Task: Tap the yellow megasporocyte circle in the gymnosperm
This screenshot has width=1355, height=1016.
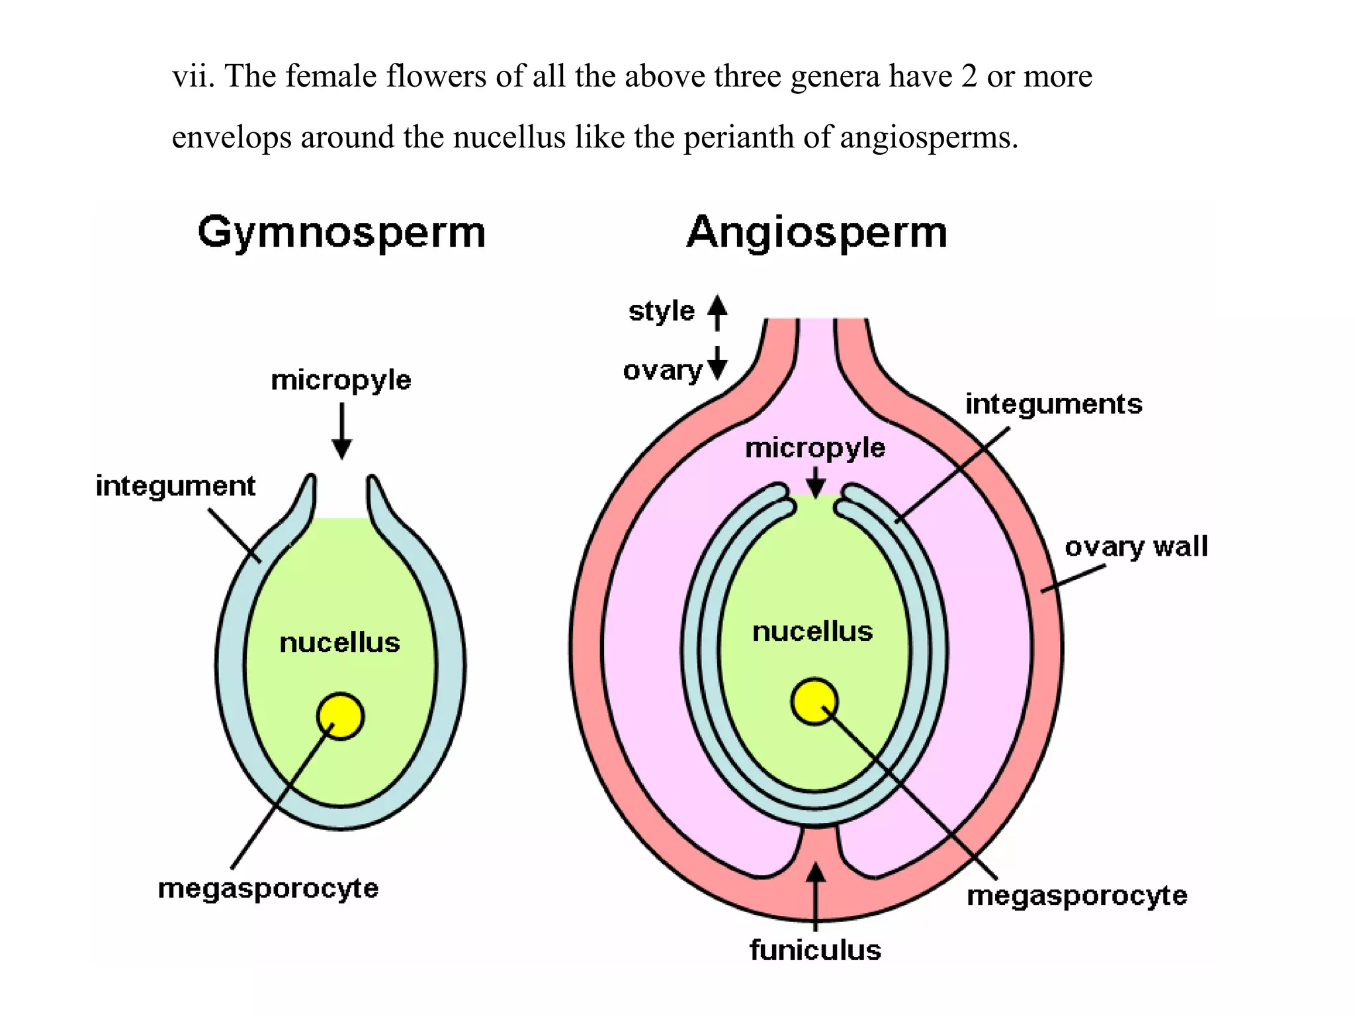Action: point(340,716)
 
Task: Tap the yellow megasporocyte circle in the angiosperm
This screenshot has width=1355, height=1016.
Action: point(814,702)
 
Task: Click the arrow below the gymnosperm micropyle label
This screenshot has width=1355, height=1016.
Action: point(341,431)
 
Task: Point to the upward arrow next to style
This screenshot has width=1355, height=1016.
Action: point(717,312)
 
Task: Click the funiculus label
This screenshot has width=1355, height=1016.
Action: point(815,950)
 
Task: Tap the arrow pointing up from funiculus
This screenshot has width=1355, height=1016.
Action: point(816,896)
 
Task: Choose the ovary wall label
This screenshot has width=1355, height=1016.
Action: point(1136,547)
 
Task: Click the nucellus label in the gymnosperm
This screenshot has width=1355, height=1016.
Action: point(339,643)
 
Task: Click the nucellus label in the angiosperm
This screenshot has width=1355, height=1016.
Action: point(812,632)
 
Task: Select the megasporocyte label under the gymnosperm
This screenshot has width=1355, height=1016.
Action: point(268,888)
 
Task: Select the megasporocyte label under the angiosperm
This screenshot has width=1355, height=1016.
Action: point(1077,896)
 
